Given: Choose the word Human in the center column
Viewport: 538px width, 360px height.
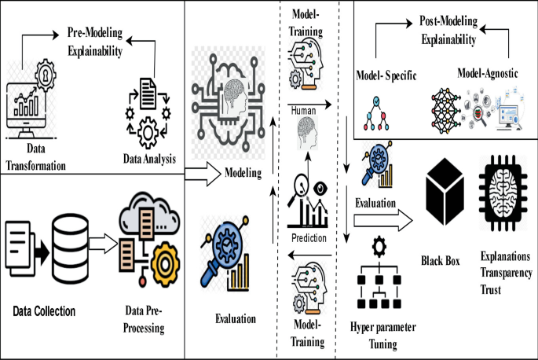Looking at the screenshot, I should [x=302, y=111].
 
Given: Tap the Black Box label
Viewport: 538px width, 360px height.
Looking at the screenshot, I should [x=445, y=260].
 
